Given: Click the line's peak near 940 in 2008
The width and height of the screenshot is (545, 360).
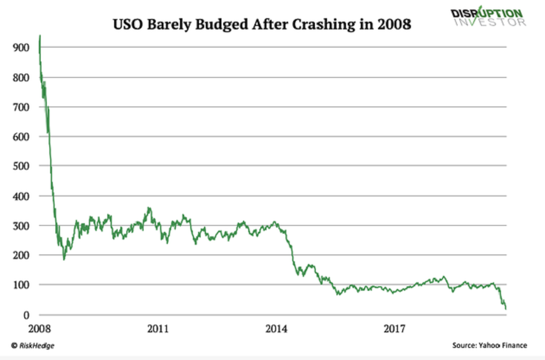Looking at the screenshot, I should pyautogui.click(x=40, y=36).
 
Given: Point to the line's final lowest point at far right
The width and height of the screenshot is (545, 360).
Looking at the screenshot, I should pyautogui.click(x=505, y=309).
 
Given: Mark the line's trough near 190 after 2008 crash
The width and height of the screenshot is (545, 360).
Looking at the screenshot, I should pyautogui.click(x=63, y=259).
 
